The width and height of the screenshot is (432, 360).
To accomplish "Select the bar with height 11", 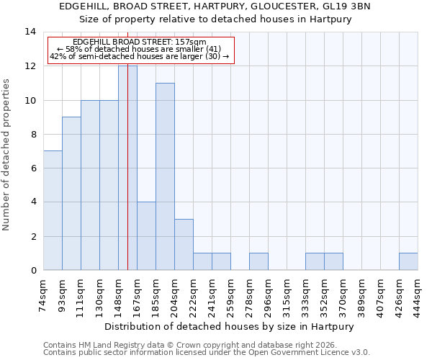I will click(165, 176).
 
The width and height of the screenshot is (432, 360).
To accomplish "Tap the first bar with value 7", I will click(53, 210).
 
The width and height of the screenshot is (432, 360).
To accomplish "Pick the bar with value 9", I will click(71, 193).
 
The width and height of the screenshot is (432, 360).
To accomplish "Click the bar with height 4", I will click(146, 235).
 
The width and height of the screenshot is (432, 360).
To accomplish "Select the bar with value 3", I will click(184, 244).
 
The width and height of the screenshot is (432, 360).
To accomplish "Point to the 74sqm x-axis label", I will click(43, 294).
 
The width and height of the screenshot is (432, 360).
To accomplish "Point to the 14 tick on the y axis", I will click(30, 32).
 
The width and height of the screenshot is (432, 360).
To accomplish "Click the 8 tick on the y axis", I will click(32, 134).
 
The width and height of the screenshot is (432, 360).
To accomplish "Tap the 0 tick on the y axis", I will click(32, 270).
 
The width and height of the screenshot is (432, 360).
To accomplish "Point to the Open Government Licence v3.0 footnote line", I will click(207, 353).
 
